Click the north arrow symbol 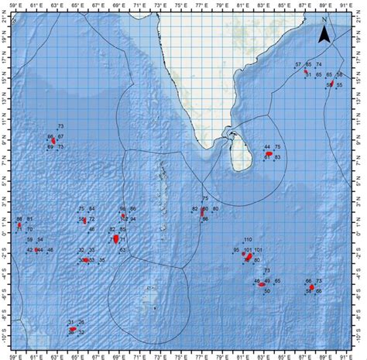pos(326,33)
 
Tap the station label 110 pos(249,240)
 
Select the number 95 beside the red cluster pos(237,250)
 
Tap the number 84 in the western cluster pos(91,210)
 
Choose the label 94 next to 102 pos(132,219)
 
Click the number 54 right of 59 pos(39,240)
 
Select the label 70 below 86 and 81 pos(29,230)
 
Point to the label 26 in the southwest pos(81,322)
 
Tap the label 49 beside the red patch pos(267,281)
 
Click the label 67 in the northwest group pos(60,137)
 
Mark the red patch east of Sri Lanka pos(269,154)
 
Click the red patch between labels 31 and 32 pos(74,329)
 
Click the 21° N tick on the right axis pos(361,13)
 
